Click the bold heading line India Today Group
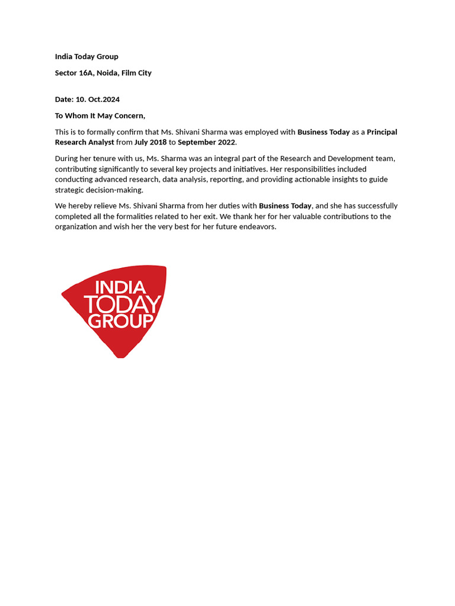[x=86, y=57]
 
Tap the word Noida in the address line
[x=108, y=73]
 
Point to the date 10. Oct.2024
[x=98, y=99]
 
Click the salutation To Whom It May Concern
[x=100, y=116]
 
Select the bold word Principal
[x=382, y=132]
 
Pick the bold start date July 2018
[x=150, y=143]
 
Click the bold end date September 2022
[x=206, y=143]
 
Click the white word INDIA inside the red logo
[x=120, y=288]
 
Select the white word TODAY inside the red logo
[x=123, y=305]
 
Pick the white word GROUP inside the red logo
[x=120, y=321]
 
